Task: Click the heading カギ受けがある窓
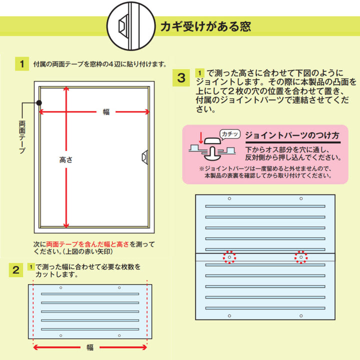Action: click(x=205, y=26)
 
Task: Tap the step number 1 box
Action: click(x=22, y=64)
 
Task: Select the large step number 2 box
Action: click(x=16, y=270)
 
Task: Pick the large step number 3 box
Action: click(x=181, y=78)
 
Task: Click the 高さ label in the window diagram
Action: click(x=66, y=160)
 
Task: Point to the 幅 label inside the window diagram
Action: click(x=106, y=112)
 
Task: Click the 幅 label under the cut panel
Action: click(x=90, y=347)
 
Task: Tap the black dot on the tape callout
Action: click(x=39, y=103)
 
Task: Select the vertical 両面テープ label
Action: click(x=22, y=137)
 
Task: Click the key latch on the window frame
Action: click(x=145, y=157)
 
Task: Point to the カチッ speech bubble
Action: click(x=230, y=134)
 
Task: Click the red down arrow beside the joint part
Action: click(x=201, y=137)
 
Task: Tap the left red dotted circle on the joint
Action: click(x=229, y=257)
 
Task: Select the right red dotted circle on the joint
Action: click(x=301, y=257)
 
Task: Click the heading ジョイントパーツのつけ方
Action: click(x=292, y=135)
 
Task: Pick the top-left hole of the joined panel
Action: click(x=229, y=198)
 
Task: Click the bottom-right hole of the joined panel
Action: click(x=301, y=316)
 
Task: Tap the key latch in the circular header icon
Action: click(x=123, y=25)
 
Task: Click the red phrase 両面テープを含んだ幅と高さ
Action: click(x=87, y=244)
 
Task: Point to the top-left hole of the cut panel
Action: click(x=61, y=287)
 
